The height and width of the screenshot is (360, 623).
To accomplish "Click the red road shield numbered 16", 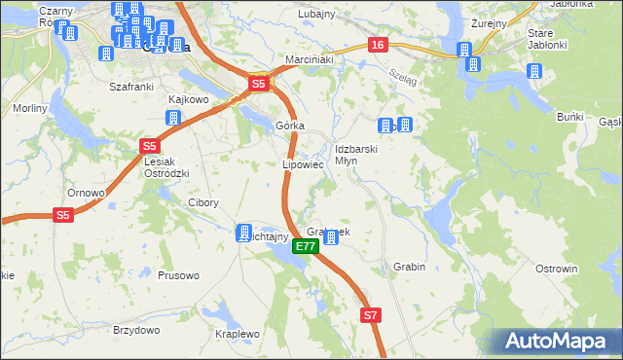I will pyautogui.click(x=379, y=46).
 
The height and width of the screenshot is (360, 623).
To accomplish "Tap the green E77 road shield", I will pyautogui.click(x=305, y=247).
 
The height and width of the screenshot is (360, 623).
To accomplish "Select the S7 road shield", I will pyautogui.click(x=370, y=315).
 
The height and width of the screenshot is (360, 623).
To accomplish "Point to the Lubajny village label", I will pyautogui.click(x=317, y=14).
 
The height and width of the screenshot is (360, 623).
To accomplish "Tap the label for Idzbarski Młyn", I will pyautogui.click(x=352, y=155).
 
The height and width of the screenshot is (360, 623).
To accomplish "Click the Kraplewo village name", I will pyautogui.click(x=237, y=334).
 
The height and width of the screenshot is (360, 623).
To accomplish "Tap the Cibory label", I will pyautogui.click(x=202, y=203).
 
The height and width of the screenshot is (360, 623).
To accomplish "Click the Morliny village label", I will pyautogui.click(x=30, y=108).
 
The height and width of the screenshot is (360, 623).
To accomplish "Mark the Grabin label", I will pyautogui.click(x=410, y=266).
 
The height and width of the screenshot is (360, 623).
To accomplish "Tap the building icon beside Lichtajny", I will pyautogui.click(x=244, y=233).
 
